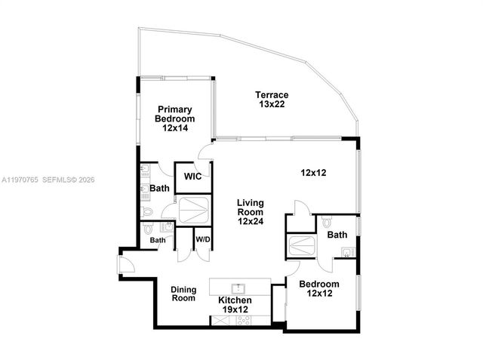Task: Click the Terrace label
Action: (272, 95)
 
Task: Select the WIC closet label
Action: (186, 178)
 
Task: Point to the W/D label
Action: (202, 240)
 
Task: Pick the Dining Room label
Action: (183, 294)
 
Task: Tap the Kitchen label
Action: (234, 300)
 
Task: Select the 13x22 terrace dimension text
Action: (272, 105)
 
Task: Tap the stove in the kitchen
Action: (245, 320)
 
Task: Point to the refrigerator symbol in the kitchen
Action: (221, 320)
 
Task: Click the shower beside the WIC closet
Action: (195, 208)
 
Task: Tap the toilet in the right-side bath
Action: (326, 223)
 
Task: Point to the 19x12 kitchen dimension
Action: (234, 309)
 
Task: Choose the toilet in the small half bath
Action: (148, 228)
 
